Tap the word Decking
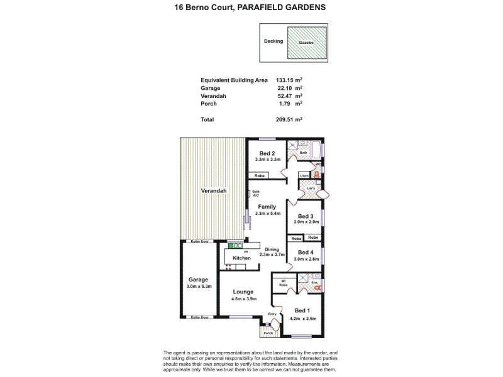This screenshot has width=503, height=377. click(x=274, y=41)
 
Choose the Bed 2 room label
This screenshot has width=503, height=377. click(x=267, y=153)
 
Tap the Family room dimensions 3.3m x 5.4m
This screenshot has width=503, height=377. click(x=267, y=214)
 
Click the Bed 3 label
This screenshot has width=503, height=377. click(x=305, y=216)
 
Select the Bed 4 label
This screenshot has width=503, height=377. click(x=305, y=253)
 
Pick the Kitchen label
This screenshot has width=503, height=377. click(x=241, y=258)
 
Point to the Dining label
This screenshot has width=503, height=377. click(x=272, y=249)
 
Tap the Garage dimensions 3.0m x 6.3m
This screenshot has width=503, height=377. click(x=199, y=287)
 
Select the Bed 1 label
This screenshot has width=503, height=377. click(x=302, y=310)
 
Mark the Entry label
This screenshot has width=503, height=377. click(x=272, y=314)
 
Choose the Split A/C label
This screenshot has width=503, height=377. click(x=256, y=194)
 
